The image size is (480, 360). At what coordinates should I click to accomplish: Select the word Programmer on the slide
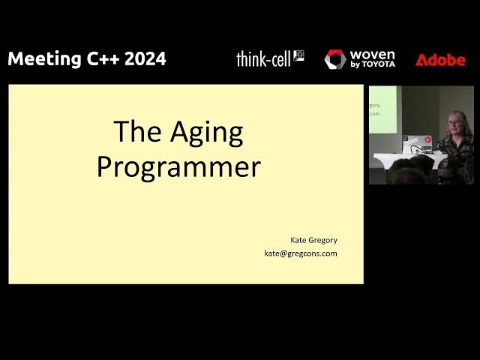pyautogui.click(x=178, y=166)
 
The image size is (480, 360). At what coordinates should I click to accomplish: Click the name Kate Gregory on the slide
pyautogui.click(x=313, y=240)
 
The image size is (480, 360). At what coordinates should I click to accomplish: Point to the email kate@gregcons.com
pyautogui.click(x=300, y=253)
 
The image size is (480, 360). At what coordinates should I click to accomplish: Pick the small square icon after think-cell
pyautogui.click(x=298, y=55)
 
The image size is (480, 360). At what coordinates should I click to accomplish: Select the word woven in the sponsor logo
pyautogui.click(x=372, y=55)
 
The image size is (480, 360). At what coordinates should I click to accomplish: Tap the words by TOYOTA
pyautogui.click(x=372, y=65)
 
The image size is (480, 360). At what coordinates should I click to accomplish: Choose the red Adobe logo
pyautogui.click(x=440, y=60)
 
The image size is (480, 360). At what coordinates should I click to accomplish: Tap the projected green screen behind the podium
pyautogui.click(x=382, y=109)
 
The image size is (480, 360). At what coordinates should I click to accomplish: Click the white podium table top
pyautogui.click(x=405, y=157)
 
